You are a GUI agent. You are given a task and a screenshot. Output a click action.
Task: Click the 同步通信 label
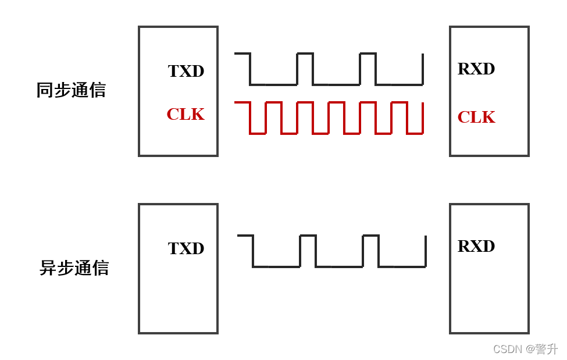[x=71, y=90]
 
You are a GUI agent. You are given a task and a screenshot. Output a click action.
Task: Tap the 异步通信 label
[x=74, y=268]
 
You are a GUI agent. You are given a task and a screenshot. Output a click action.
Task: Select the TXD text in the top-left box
[x=186, y=71]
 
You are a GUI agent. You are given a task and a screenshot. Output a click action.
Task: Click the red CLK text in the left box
[x=186, y=114]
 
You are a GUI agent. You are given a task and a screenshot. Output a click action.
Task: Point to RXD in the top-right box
[x=476, y=69]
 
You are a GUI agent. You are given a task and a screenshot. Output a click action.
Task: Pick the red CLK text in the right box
[x=476, y=117]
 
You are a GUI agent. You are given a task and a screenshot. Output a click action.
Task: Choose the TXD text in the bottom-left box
[x=186, y=248]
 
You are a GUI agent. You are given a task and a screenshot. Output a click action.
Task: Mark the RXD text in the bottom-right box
[x=476, y=246]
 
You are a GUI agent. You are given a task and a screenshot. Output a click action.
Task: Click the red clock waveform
[x=329, y=118]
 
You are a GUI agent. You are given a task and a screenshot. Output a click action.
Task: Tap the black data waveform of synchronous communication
[x=329, y=84]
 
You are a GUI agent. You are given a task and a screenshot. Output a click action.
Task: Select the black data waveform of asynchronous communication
[x=331, y=266]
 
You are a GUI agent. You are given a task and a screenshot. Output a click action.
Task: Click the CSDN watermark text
[x=525, y=349]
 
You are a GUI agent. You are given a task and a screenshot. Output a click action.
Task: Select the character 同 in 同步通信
[x=45, y=90]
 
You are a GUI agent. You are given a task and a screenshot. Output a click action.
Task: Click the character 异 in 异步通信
[x=48, y=268]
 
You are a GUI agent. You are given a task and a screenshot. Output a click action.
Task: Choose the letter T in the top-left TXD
[x=173, y=71]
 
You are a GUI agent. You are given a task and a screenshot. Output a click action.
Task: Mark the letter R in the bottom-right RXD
[x=464, y=246]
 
